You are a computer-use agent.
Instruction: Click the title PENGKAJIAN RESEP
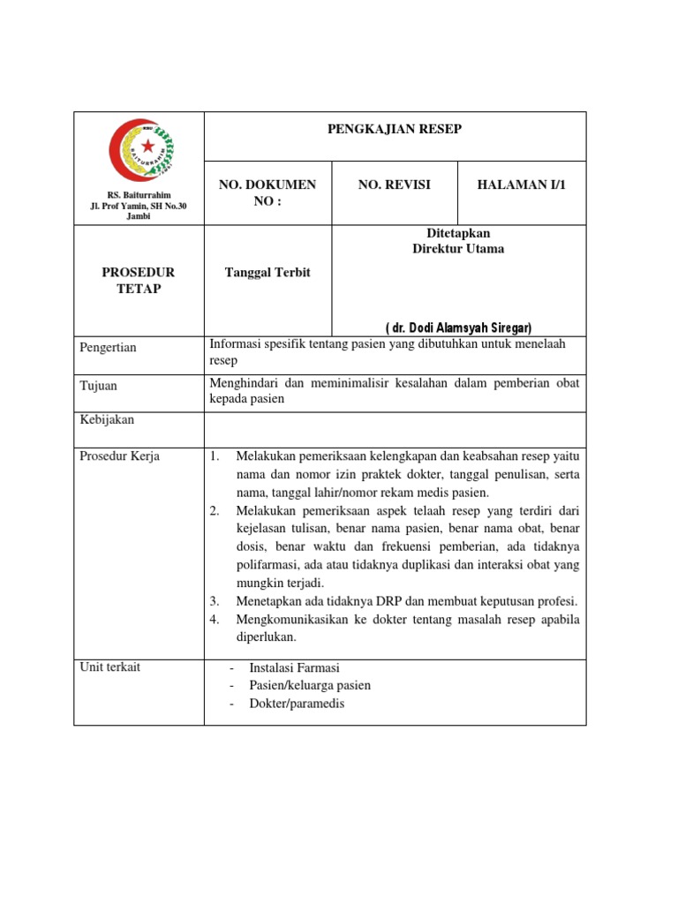pyautogui.click(x=395, y=130)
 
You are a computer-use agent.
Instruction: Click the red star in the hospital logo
pyautogui.click(x=147, y=145)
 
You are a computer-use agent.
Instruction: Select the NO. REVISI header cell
pyautogui.click(x=394, y=185)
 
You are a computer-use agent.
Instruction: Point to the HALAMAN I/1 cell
pyautogui.click(x=520, y=185)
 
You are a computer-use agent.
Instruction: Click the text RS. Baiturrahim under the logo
pyautogui.click(x=139, y=195)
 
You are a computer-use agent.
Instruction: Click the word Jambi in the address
pyautogui.click(x=139, y=217)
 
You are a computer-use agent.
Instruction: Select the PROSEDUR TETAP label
pyautogui.click(x=139, y=281)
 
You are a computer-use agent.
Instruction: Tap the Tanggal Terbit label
pyautogui.click(x=267, y=273)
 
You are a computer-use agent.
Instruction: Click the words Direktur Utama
pyautogui.click(x=458, y=249)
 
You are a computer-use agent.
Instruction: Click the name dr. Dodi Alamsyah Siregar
pyautogui.click(x=458, y=327)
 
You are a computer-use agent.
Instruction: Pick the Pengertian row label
pyautogui.click(x=108, y=348)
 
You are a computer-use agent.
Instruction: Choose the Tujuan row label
pyautogui.click(x=98, y=386)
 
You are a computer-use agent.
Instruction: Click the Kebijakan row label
pyautogui.click(x=107, y=420)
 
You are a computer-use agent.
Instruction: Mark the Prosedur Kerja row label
pyautogui.click(x=115, y=456)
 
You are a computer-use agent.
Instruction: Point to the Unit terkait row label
pyautogui.click(x=109, y=667)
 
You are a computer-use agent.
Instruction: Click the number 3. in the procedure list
pyautogui.click(x=214, y=601)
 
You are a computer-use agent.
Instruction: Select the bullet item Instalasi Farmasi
pyautogui.click(x=294, y=667)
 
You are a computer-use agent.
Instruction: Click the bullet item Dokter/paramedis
pyautogui.click(x=297, y=704)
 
